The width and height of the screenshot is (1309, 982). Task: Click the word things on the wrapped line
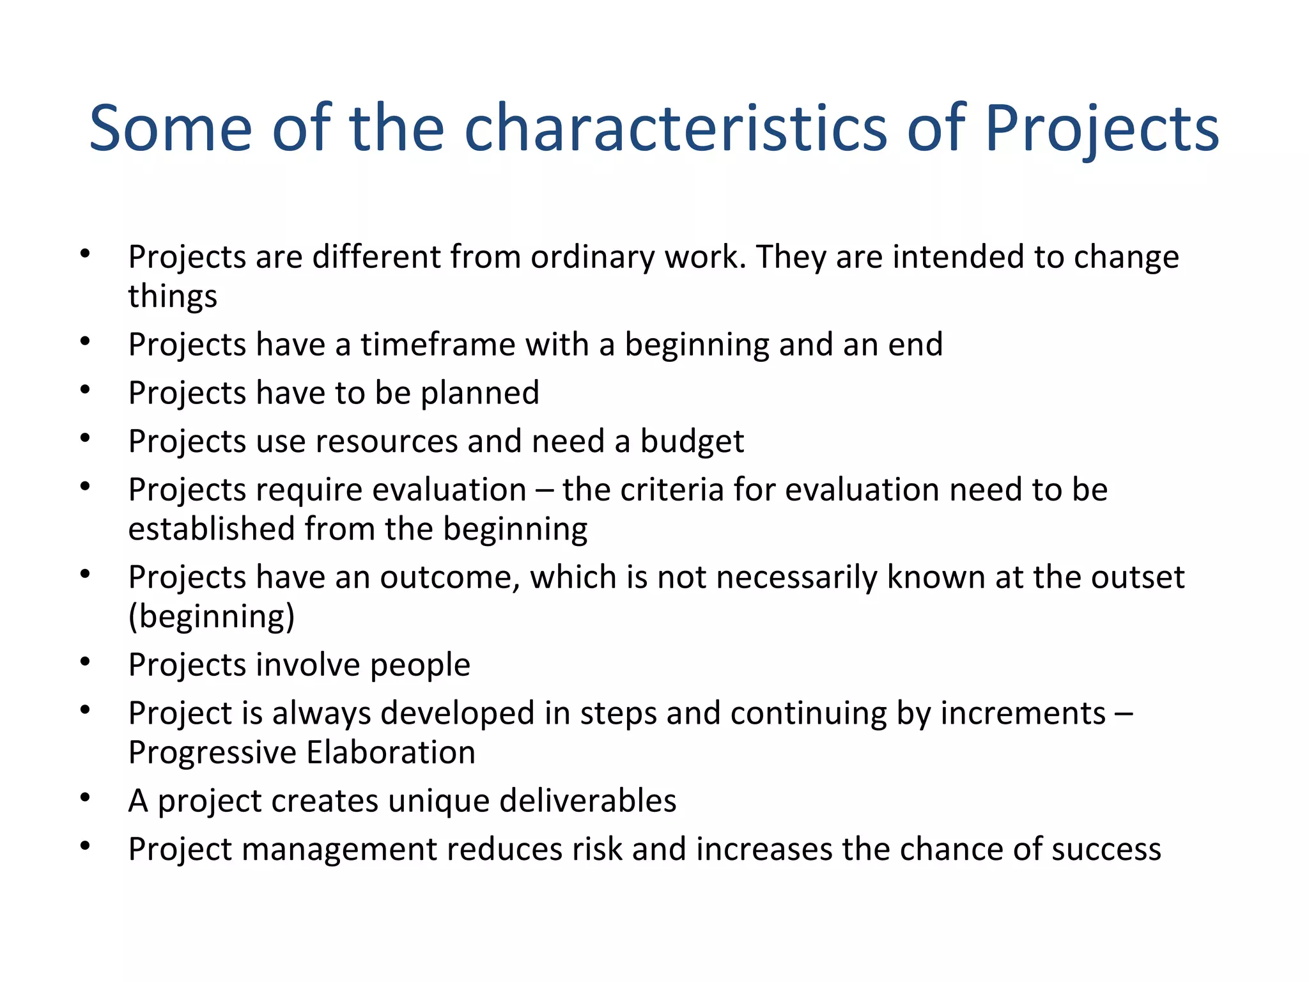173,296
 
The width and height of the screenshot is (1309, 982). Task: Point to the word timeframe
438,345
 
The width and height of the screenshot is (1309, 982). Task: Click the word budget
692,442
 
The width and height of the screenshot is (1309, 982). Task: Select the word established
211,529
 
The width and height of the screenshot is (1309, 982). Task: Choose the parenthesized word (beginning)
212,617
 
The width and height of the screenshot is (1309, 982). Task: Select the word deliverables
587,801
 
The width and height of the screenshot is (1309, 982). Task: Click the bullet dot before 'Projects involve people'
85,662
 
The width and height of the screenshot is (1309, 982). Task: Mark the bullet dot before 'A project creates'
85,798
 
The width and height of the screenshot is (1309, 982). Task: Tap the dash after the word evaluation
545,491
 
